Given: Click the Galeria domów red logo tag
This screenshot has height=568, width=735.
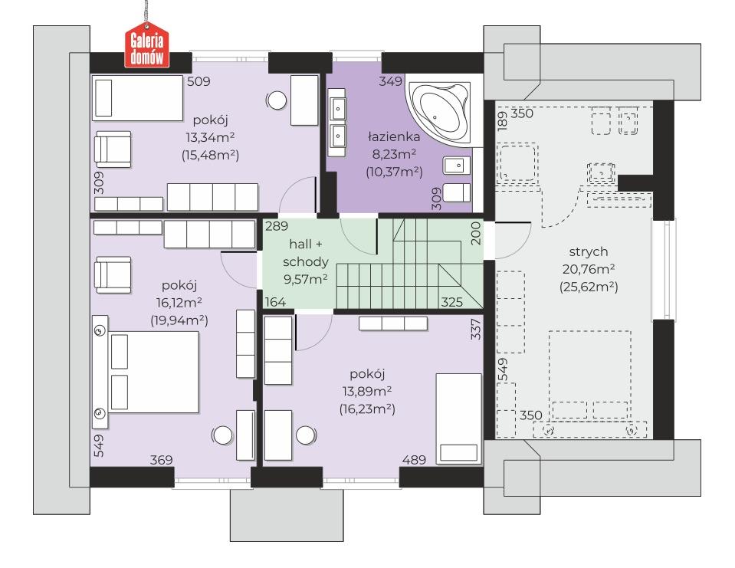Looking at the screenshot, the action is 146,47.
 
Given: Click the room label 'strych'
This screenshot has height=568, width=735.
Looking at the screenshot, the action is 589,252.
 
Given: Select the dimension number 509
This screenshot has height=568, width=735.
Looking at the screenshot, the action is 199,81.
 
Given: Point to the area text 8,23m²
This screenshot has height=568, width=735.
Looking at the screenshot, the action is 394,154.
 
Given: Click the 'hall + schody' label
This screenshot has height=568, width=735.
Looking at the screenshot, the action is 306,253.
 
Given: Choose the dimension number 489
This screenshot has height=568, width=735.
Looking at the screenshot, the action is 414,460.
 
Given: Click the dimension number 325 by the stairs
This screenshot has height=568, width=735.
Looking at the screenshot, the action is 452,302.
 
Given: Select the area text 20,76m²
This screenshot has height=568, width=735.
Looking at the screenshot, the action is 589,269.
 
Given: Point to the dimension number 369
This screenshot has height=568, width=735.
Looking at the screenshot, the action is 161,460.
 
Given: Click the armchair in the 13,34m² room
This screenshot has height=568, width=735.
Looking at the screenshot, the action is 113,149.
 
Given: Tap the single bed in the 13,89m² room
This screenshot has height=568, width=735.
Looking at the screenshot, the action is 458,419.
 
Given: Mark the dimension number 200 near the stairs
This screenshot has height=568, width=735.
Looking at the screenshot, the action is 476,233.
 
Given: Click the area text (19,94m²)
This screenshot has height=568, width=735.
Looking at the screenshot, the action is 179,320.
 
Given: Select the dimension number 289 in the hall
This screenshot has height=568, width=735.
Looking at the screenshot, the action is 277,226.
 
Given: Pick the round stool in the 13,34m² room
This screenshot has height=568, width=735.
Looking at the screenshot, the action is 277,100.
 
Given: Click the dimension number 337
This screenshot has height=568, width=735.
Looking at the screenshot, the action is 476,330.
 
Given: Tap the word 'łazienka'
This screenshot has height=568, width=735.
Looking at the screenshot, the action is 394,137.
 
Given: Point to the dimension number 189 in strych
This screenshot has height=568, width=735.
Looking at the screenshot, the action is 502,121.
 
